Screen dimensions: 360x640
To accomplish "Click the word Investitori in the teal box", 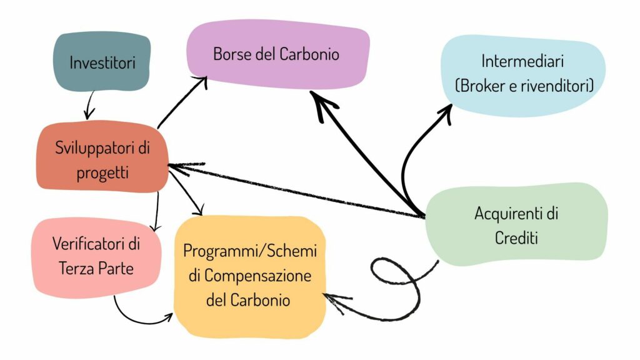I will click(x=102, y=63).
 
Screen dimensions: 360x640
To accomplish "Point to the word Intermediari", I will click(x=523, y=61).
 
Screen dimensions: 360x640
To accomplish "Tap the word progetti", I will click(x=102, y=172).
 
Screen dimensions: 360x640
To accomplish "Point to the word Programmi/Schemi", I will click(x=250, y=251).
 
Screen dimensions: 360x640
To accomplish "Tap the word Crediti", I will click(x=516, y=237).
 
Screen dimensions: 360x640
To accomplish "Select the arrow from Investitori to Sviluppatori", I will click(x=89, y=104).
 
